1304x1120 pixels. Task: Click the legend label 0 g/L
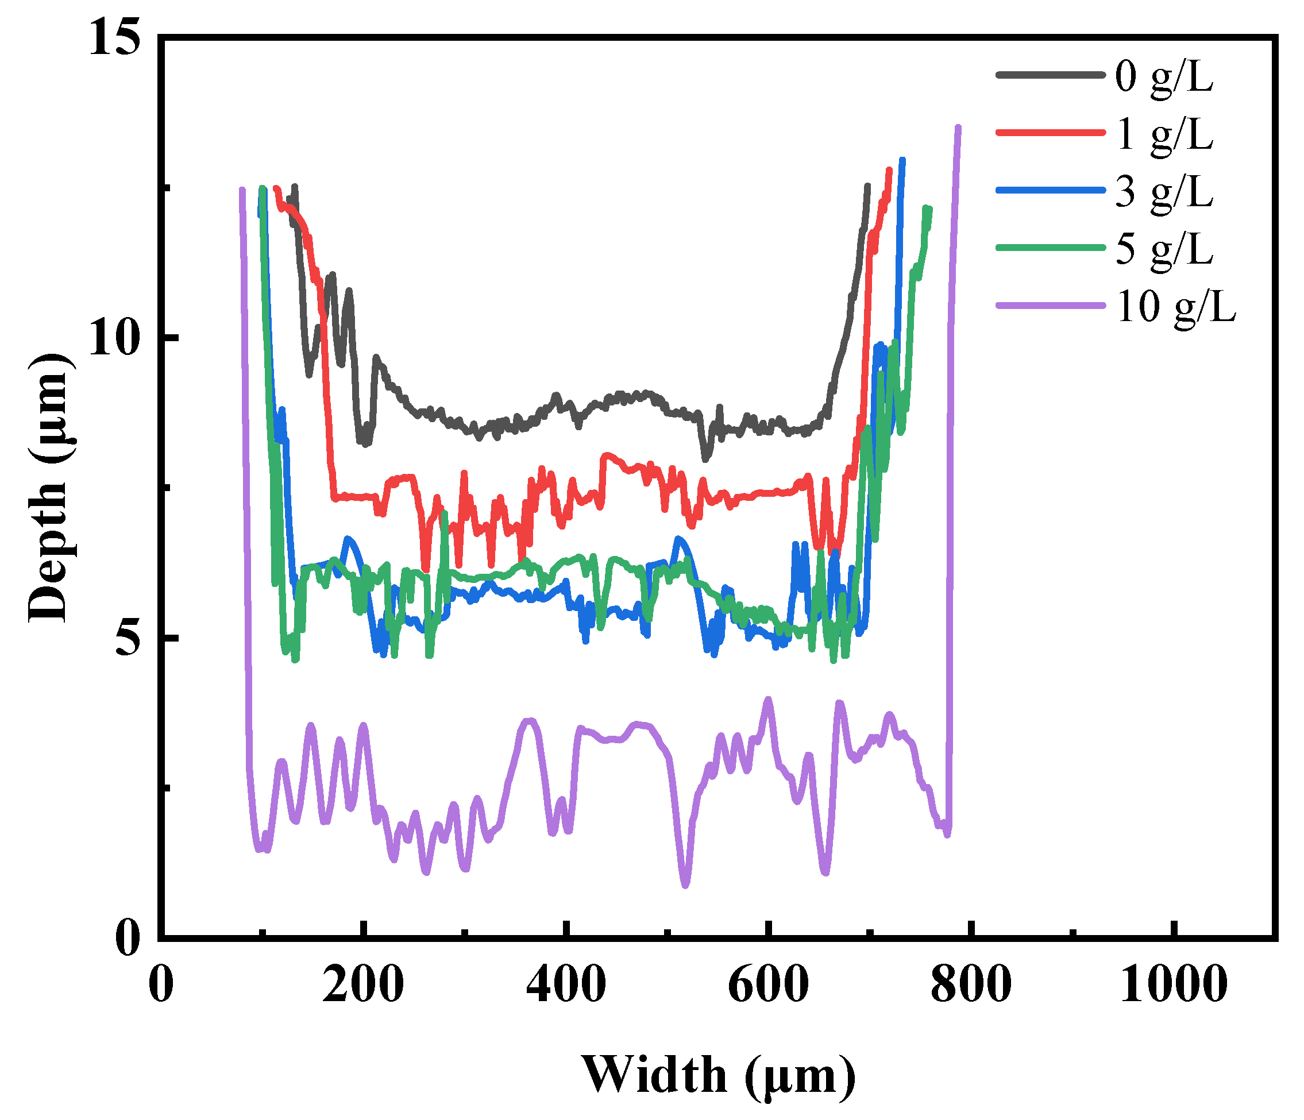[x=1164, y=79]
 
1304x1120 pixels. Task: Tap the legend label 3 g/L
[x=1164, y=193]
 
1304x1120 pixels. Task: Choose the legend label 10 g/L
[x=1176, y=308]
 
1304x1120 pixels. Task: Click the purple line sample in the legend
[x=1050, y=306]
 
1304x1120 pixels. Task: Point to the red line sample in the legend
[x=1050, y=132]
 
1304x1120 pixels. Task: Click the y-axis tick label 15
[x=113, y=38]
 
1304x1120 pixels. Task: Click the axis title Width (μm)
[x=718, y=1076]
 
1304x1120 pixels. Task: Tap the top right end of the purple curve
[x=958, y=128]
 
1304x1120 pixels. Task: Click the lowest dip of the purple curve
[x=685, y=885]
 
